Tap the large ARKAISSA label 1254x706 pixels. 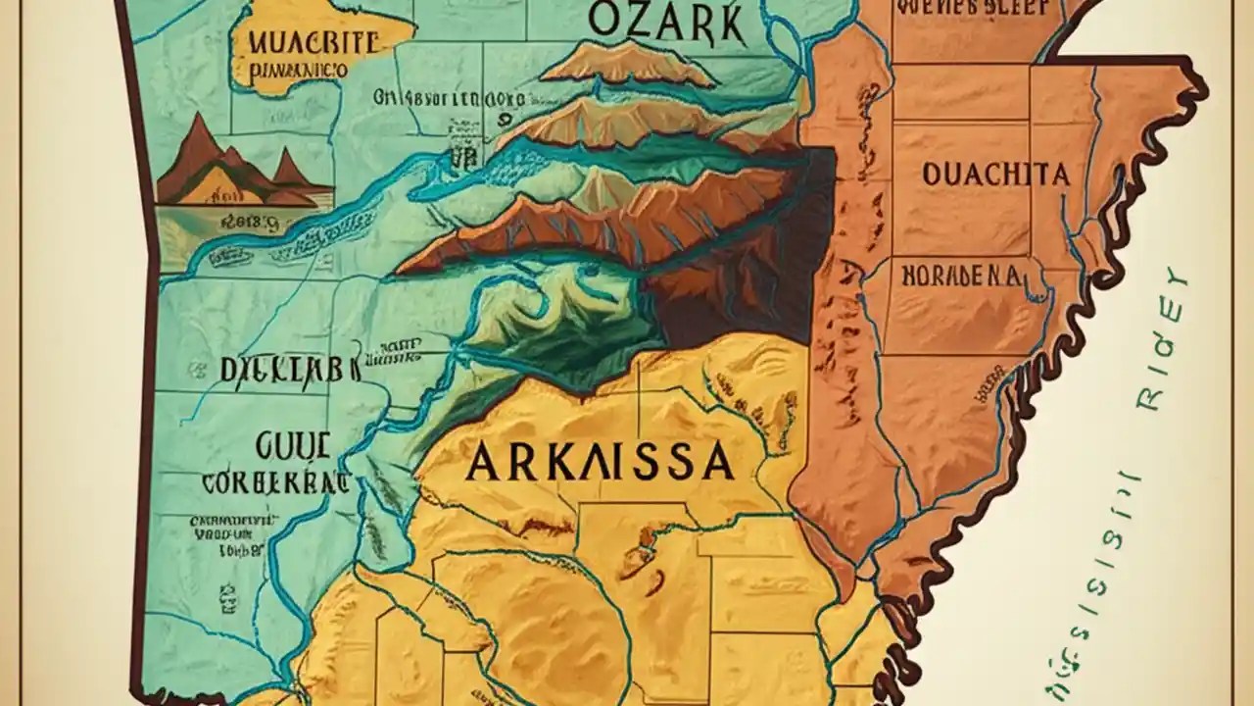coord(600,461)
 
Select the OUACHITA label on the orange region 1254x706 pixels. coord(995,176)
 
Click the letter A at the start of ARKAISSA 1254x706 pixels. coord(485,462)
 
